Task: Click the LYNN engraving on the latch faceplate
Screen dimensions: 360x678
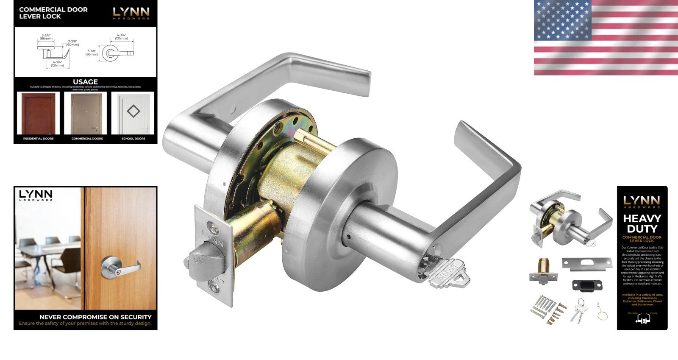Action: pos(214,234)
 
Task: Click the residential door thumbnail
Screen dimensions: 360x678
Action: pos(38,113)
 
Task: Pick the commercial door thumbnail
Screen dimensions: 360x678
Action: pos(87,113)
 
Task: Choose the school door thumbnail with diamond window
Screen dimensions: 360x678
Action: pos(133,113)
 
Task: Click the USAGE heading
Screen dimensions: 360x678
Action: pos(85,82)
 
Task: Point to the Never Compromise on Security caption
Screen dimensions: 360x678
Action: pos(95,317)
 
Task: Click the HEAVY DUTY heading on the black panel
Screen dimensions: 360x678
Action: pos(642,223)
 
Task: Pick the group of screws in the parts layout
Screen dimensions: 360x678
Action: pos(547,310)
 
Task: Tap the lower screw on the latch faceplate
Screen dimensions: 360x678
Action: pos(217,288)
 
